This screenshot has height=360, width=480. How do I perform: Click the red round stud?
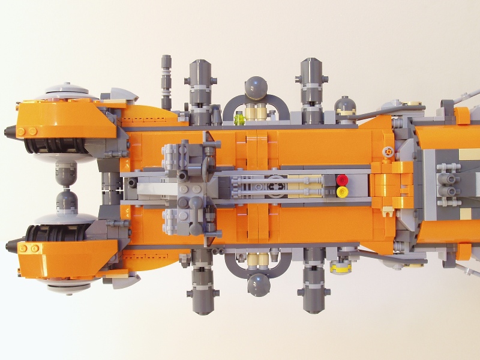click(343, 179)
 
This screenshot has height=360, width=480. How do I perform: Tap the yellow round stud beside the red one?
click(343, 191)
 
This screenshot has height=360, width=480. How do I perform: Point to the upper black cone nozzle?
click(12, 131)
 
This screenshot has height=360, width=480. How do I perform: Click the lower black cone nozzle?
click(12, 244)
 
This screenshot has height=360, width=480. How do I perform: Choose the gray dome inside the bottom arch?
click(257, 283)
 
